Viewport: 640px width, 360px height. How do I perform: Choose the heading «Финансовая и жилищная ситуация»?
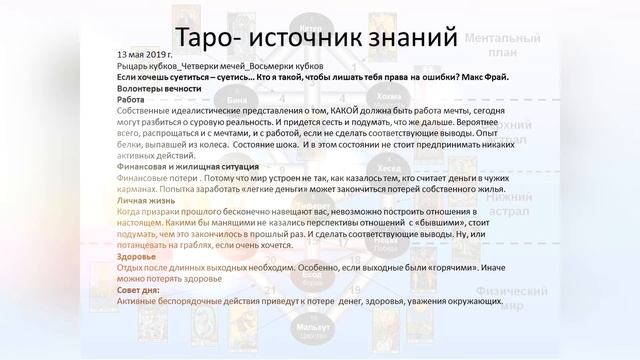[x=189, y=165]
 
